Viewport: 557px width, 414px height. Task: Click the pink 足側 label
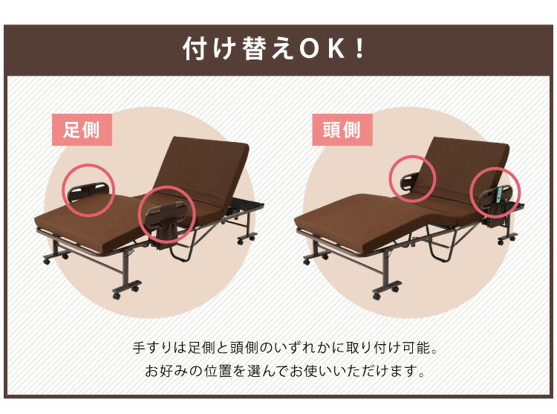(x=82, y=130)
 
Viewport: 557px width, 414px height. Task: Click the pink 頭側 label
(x=342, y=130)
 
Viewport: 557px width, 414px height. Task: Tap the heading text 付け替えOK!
(x=273, y=49)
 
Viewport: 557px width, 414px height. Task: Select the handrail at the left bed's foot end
(x=88, y=191)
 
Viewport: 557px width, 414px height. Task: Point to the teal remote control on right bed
(x=500, y=195)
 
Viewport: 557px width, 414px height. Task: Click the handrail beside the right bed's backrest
(x=409, y=181)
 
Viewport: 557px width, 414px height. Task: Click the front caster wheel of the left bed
(x=117, y=295)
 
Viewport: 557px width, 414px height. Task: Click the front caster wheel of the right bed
(x=377, y=295)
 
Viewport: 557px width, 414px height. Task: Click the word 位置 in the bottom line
(x=218, y=371)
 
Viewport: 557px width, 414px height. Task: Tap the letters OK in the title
(x=322, y=49)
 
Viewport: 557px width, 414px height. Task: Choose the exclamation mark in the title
(x=359, y=49)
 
